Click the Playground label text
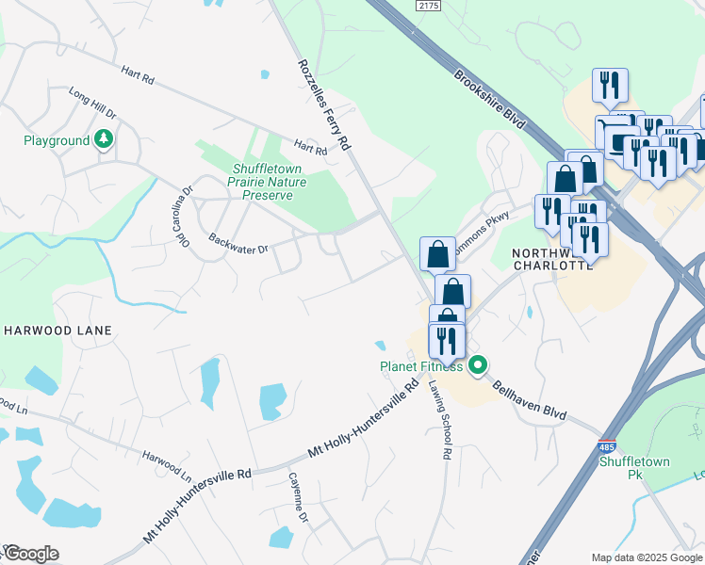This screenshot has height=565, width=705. point(57,141)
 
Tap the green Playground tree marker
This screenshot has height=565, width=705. point(104,140)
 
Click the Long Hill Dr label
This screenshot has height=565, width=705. point(92,103)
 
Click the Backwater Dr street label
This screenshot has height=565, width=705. point(238,244)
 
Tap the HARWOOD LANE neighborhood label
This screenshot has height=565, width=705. point(58,331)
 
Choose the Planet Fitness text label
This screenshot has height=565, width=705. point(421,366)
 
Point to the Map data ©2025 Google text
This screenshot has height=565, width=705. point(646,557)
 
